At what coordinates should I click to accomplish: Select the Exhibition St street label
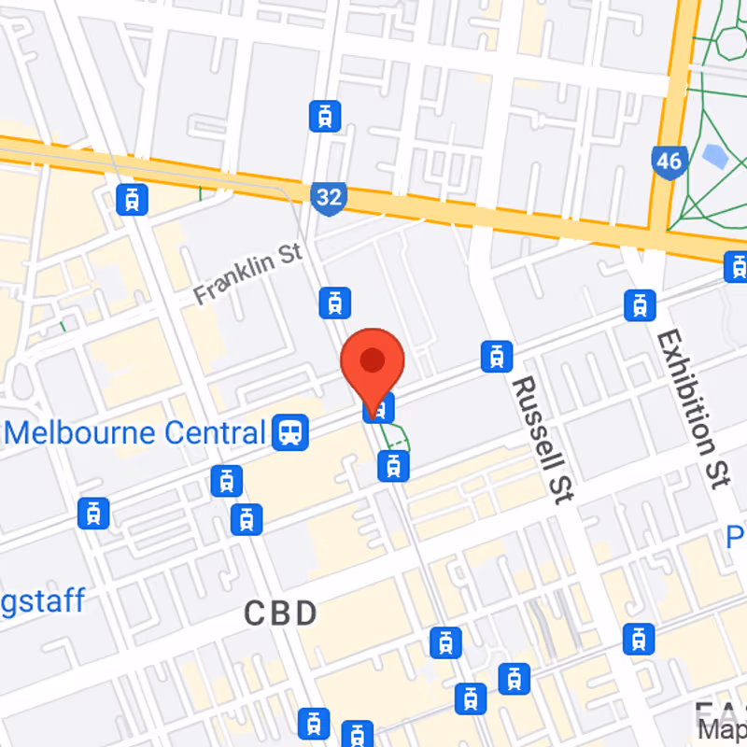pos(692,408)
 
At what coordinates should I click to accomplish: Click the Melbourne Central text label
pos(136,432)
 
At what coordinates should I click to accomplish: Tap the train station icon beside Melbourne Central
pos(292,431)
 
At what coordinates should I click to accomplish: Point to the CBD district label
pos(281,613)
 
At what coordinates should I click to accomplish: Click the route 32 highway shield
pos(329,197)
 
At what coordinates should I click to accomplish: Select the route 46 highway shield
pos(669,162)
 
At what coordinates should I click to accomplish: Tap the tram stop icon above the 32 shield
pos(324,116)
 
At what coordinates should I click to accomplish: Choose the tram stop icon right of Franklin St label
pos(333,302)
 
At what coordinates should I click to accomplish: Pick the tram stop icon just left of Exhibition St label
pos(640,303)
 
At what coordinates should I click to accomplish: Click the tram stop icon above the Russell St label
pos(497,355)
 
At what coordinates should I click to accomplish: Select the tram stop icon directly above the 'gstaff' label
pos(94,513)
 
